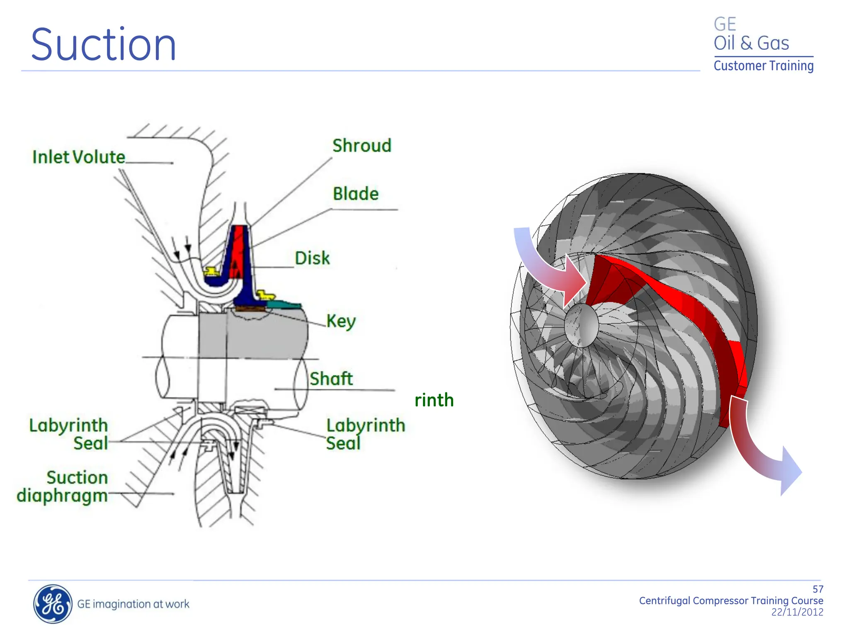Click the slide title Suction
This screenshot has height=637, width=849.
coord(104,45)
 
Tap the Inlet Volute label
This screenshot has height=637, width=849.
coord(79,157)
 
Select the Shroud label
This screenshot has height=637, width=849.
coord(361,146)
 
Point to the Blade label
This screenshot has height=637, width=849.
coord(356,194)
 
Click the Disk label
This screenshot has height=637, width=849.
coord(312,258)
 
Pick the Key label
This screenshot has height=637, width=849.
coord(341,321)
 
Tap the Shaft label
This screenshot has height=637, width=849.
coord(331,379)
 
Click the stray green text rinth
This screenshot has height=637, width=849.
coord(434,400)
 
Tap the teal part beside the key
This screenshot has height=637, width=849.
coord(284,305)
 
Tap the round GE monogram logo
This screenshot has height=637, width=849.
coord(52,604)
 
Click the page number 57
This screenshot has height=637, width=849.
coord(817,589)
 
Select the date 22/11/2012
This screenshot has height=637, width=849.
coord(797,612)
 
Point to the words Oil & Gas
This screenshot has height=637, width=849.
coord(751,43)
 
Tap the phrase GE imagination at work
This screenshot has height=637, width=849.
coord(133,604)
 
